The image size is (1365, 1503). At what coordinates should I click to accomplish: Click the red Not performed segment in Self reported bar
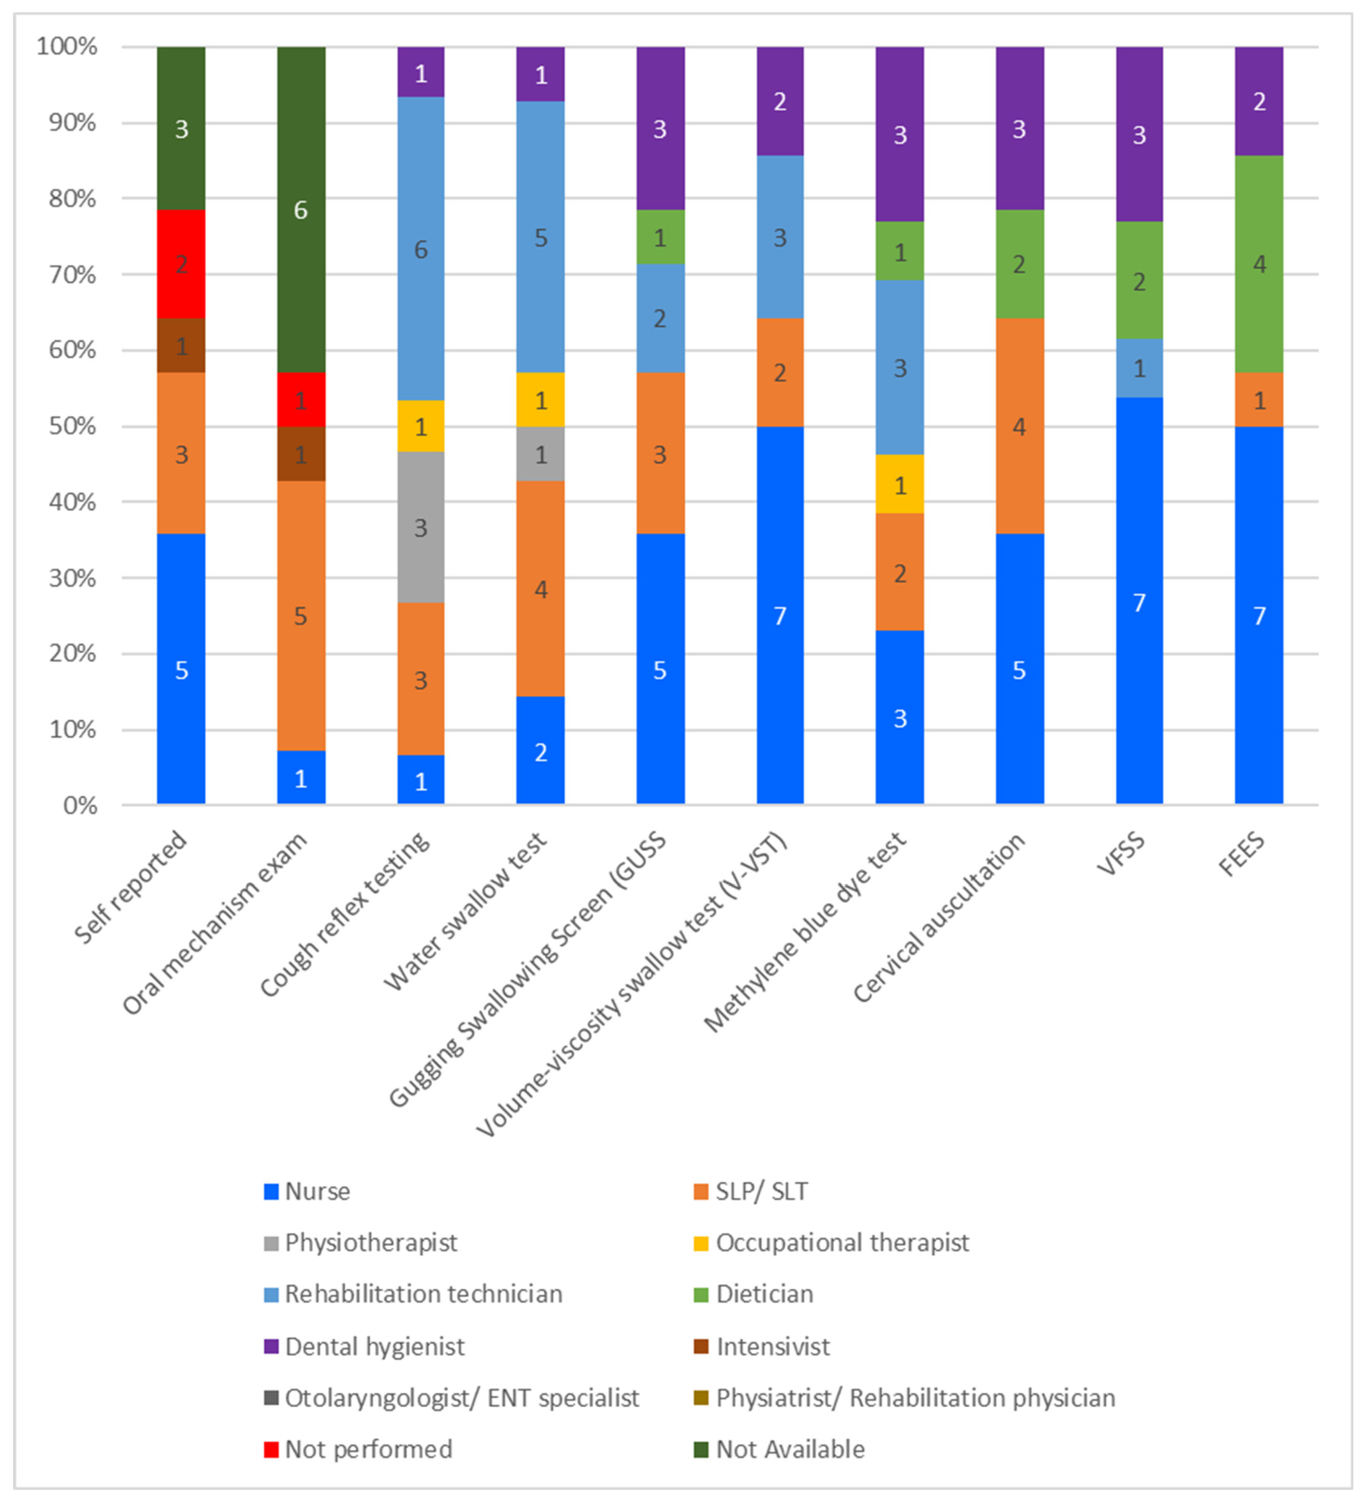[181, 264]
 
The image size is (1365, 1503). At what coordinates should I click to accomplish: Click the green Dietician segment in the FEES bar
[1259, 264]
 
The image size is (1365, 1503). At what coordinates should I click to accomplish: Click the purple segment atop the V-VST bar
[780, 101]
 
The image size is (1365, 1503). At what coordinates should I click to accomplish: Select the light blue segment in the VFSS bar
[1139, 368]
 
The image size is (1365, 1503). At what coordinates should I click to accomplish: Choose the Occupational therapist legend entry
[842, 1243]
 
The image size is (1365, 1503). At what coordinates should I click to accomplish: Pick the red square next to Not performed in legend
[271, 1449]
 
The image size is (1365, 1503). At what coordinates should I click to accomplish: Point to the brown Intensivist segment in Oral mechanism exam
[301, 454]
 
